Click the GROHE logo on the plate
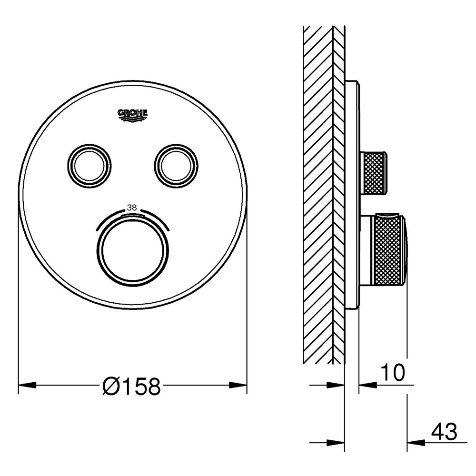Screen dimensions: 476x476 [x=132, y=113]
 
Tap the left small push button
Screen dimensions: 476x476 [x=89, y=163]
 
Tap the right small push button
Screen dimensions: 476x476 [x=175, y=163]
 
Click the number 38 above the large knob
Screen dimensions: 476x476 [x=132, y=208]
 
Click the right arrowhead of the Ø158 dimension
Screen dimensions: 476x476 [x=238, y=385]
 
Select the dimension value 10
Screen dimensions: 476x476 [x=392, y=373]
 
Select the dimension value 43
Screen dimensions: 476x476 [x=444, y=432]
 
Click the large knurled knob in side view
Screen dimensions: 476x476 [x=388, y=250]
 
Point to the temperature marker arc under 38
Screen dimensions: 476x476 [x=132, y=216]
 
